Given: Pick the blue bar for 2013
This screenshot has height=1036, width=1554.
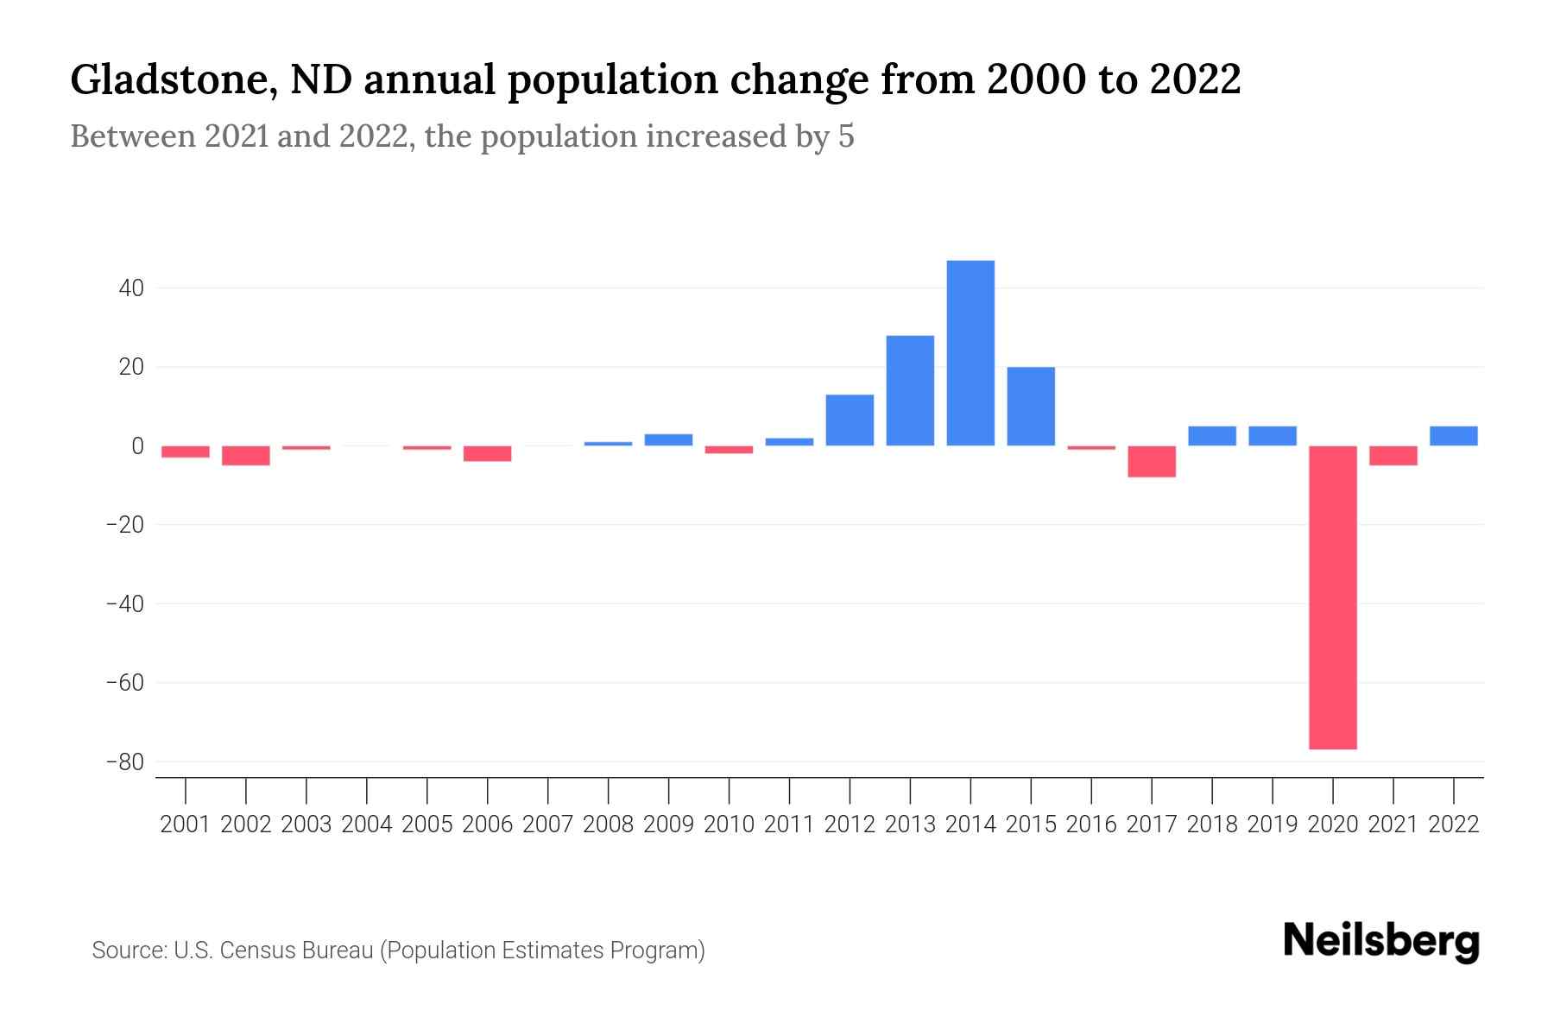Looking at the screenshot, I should (x=910, y=390).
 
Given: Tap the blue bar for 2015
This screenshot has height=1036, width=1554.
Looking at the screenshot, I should (x=1031, y=406).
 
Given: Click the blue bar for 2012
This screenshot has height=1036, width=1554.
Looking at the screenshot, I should (x=850, y=420).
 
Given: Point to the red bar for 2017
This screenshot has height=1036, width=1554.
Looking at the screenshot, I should (x=1152, y=461).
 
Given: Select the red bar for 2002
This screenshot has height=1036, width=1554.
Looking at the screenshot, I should (x=246, y=455).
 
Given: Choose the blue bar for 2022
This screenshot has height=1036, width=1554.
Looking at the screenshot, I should (x=1454, y=436).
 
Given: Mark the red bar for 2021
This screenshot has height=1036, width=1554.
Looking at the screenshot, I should (x=1393, y=455).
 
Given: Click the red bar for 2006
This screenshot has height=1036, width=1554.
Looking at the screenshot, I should (x=488, y=453).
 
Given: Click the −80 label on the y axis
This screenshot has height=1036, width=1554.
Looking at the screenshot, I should (x=124, y=762).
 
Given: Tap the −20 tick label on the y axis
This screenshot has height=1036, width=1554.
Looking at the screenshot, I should (x=124, y=525).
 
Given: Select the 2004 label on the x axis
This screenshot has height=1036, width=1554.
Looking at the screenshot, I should (x=367, y=824).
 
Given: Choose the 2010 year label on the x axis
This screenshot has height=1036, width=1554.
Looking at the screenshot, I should (x=729, y=824).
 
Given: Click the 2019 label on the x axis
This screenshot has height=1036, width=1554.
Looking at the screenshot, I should (x=1273, y=824).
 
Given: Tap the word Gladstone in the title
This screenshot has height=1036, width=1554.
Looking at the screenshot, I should (x=168, y=80).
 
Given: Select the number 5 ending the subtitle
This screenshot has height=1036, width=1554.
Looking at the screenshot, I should (x=846, y=136).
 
